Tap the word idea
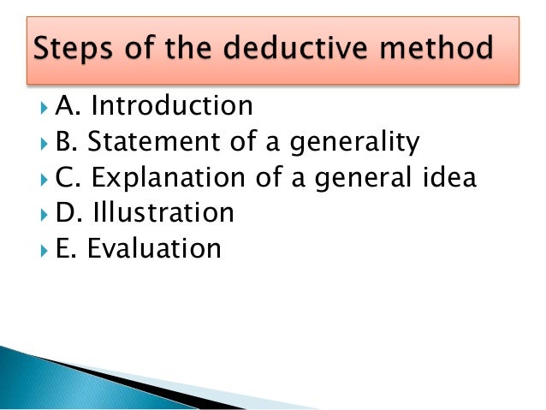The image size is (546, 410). click(446, 177)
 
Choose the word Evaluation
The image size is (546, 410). click(155, 248)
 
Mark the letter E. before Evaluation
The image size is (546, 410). click(67, 248)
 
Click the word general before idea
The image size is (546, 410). click(359, 177)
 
